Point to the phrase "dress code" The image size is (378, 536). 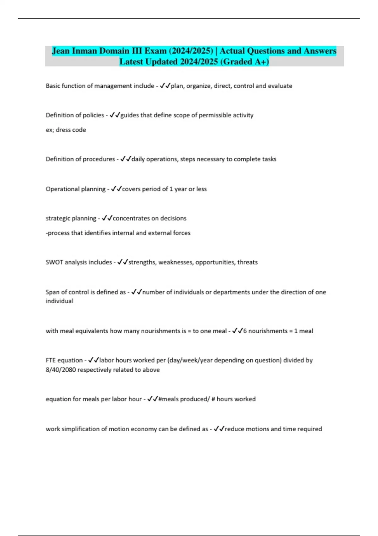[71, 130]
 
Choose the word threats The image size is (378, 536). [247, 262]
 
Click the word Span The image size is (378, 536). [52, 292]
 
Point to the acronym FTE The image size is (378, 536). [51, 360]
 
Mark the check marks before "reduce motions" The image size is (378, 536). [219, 429]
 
